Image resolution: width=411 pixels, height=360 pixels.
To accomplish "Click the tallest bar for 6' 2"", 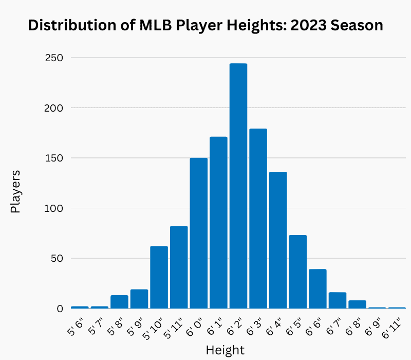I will click(238, 186).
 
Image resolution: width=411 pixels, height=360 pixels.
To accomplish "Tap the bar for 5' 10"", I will click(159, 277).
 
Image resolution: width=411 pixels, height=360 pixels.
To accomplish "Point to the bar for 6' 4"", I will click(278, 240).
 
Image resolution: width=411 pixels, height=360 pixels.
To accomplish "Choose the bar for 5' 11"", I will click(179, 267).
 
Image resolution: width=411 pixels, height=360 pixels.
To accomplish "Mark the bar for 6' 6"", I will click(317, 289).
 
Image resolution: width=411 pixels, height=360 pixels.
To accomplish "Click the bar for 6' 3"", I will click(258, 219).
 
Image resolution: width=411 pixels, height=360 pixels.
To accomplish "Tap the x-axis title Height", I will click(225, 350).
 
